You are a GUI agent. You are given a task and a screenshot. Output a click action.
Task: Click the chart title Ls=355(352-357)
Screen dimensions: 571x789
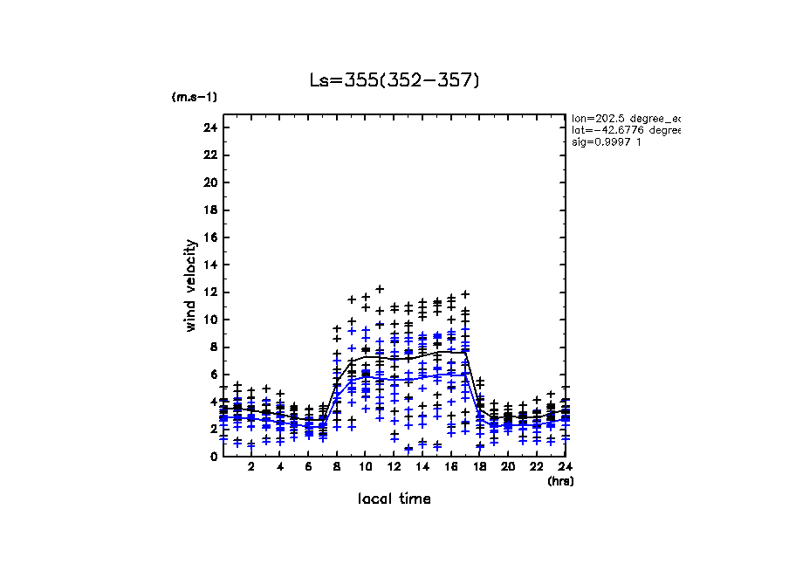(x=394, y=81)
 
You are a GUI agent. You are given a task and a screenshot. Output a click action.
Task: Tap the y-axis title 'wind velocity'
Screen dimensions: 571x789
(x=191, y=285)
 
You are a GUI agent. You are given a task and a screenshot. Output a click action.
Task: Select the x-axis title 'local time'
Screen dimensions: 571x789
(x=394, y=499)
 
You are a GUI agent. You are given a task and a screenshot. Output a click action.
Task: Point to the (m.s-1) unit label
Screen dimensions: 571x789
(x=195, y=97)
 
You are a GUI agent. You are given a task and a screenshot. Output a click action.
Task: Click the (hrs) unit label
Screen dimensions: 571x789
(x=560, y=481)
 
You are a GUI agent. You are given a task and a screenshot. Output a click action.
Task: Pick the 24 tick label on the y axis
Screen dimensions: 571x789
(x=209, y=128)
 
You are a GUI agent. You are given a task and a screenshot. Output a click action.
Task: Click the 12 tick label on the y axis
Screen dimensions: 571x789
(x=209, y=292)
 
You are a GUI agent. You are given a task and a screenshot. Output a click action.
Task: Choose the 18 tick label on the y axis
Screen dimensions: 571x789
(x=209, y=210)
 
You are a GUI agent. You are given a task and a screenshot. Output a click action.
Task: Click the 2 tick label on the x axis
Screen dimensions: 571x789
(x=251, y=467)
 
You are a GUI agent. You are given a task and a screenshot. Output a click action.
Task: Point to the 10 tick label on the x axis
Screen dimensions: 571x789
(x=366, y=467)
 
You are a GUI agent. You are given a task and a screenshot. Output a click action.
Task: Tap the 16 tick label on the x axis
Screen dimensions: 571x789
(x=451, y=467)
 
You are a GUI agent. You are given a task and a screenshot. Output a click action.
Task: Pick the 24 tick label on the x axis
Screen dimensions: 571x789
(x=566, y=467)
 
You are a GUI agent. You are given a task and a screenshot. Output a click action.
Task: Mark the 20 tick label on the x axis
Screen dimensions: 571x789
(x=508, y=467)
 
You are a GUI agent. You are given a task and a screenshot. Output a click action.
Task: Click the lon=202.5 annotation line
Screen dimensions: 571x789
(x=625, y=117)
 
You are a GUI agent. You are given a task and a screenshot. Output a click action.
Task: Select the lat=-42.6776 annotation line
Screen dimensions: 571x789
(x=625, y=129)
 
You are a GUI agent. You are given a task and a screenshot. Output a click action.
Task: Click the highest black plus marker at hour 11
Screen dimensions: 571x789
(x=380, y=289)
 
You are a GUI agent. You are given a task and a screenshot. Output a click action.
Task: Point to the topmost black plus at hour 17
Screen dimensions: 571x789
(x=465, y=294)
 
